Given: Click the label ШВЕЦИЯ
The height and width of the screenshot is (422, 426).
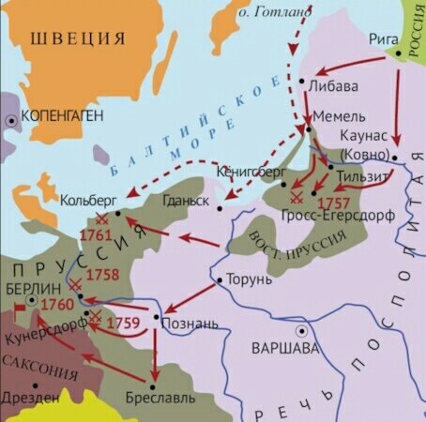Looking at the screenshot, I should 77,38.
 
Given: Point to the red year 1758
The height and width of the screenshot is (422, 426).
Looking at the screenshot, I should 102,276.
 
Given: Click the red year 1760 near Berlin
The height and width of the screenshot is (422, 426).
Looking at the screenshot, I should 55,305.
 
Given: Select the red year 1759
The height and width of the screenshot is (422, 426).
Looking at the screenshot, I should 123,323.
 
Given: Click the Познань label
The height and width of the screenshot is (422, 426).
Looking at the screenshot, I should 191,324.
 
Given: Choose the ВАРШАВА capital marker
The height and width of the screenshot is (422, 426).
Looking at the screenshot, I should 302,331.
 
